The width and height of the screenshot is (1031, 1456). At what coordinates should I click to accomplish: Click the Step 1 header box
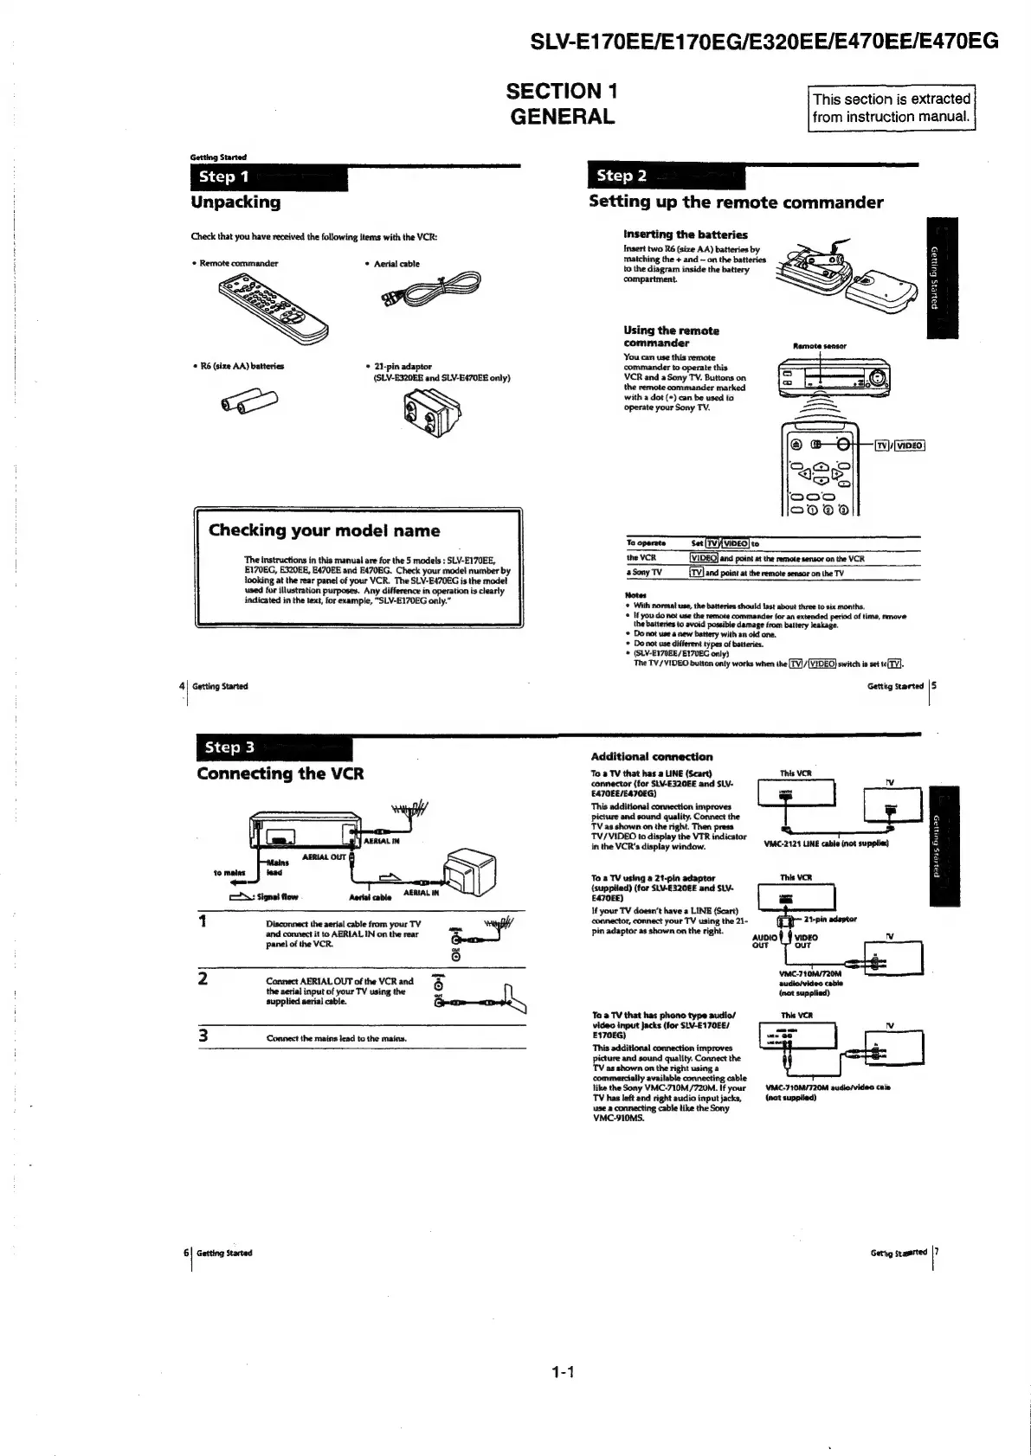[x=268, y=177]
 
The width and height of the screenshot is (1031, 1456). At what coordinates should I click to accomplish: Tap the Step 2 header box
[x=665, y=176]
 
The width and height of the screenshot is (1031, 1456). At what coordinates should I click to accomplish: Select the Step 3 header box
[x=274, y=748]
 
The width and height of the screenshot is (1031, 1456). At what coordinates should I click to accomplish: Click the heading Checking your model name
[x=325, y=531]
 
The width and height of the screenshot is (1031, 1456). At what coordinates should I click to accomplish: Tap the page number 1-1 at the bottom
[x=563, y=1371]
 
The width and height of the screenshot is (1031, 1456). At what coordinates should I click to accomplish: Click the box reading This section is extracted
[x=891, y=108]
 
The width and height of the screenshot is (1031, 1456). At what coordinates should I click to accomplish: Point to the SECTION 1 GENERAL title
[x=562, y=104]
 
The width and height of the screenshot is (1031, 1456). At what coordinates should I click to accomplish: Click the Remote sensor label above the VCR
[x=819, y=346]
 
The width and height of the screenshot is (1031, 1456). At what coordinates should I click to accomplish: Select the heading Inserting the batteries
[x=685, y=234]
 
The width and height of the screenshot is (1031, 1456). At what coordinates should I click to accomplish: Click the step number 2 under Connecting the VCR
[x=203, y=979]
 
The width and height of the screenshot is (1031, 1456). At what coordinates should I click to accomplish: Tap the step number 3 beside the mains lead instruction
[x=203, y=1036]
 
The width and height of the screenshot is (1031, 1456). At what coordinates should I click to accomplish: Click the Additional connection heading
[x=651, y=757]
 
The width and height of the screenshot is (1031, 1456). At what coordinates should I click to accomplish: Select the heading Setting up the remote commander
[x=736, y=202]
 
